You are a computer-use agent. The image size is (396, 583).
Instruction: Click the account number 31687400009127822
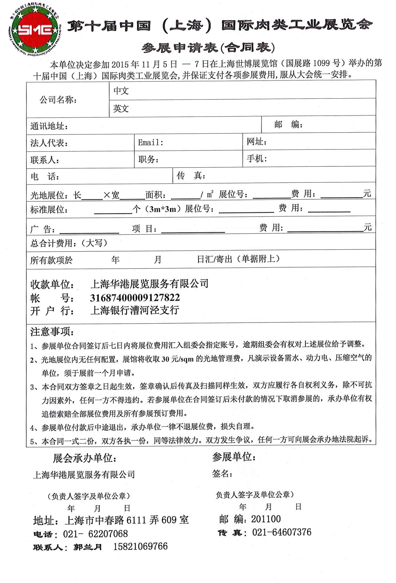pos(135,298)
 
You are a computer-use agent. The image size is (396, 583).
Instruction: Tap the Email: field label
pos(151,143)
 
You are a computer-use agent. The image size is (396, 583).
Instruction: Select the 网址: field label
pos(257,142)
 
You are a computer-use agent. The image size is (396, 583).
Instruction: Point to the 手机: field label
pos(257,159)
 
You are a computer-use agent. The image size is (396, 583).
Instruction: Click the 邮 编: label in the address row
pos(288,125)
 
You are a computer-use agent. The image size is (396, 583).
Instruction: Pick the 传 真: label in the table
pos(191,176)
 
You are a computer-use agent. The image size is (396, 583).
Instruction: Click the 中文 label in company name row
pos(121,91)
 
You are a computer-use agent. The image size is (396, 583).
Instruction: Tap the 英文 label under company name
pos(121,109)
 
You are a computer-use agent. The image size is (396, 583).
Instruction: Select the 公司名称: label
pos(58,100)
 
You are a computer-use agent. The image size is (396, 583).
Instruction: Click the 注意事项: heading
pos(52,332)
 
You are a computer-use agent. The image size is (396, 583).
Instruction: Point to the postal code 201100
pos(266,519)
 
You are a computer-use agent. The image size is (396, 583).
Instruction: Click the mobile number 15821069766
pos(140,546)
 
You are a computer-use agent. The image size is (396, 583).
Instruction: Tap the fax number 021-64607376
pos(282,532)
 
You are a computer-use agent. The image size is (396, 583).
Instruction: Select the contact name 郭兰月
pos(88,547)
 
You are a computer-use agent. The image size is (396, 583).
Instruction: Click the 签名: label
pos(222,474)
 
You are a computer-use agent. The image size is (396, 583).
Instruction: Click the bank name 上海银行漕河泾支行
pos(135,310)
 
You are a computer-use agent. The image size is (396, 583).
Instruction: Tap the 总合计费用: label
pos(69,243)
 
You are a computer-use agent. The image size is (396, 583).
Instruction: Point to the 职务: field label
pos(148,160)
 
